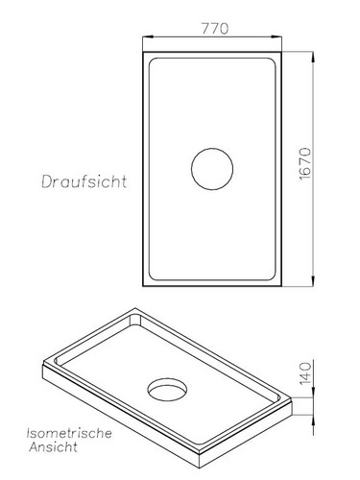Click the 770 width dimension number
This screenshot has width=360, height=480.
(214, 28)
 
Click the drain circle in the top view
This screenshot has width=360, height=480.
(212, 170)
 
